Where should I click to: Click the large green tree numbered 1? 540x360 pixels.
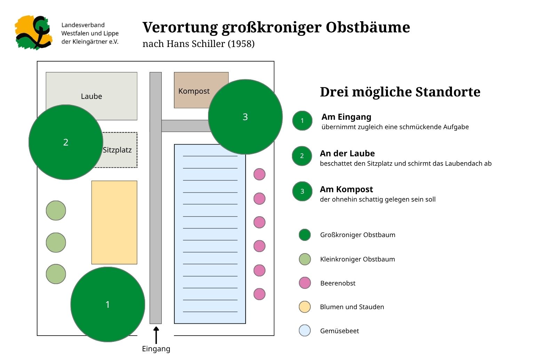point(108,305)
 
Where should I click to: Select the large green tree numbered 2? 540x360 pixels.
point(66,142)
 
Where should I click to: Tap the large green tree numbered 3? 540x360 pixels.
point(245,117)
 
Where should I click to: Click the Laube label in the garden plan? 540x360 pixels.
point(92,96)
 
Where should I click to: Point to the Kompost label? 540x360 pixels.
point(194,91)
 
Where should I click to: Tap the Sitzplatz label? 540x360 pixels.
point(117,150)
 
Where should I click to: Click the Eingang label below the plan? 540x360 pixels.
point(156,349)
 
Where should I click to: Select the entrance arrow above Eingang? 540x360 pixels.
point(156,335)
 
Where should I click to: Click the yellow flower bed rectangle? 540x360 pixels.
point(114,222)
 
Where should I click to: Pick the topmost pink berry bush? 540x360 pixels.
point(260,174)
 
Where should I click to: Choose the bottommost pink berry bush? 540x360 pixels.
point(260,294)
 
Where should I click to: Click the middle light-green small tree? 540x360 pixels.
point(56,242)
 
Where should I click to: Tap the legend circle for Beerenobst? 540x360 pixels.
point(305,283)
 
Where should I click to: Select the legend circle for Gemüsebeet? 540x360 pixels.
point(305,330)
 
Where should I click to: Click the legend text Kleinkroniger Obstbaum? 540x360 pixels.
point(358,259)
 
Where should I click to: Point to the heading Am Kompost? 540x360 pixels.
point(347,189)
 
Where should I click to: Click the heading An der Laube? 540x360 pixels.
point(347,154)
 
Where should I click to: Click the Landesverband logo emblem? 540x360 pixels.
point(33,33)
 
